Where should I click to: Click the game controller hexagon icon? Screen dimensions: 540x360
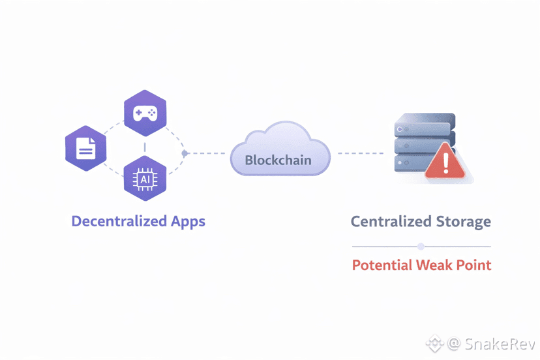145,113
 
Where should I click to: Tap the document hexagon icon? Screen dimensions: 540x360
86,149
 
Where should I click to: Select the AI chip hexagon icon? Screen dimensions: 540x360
145,177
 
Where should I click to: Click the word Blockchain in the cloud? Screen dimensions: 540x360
278,160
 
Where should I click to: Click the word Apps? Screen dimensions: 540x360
188,222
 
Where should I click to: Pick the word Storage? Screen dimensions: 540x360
463,221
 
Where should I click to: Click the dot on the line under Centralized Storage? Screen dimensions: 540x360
421,247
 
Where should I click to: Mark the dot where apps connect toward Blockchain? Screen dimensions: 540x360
185,153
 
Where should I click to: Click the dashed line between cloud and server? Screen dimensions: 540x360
360,153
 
